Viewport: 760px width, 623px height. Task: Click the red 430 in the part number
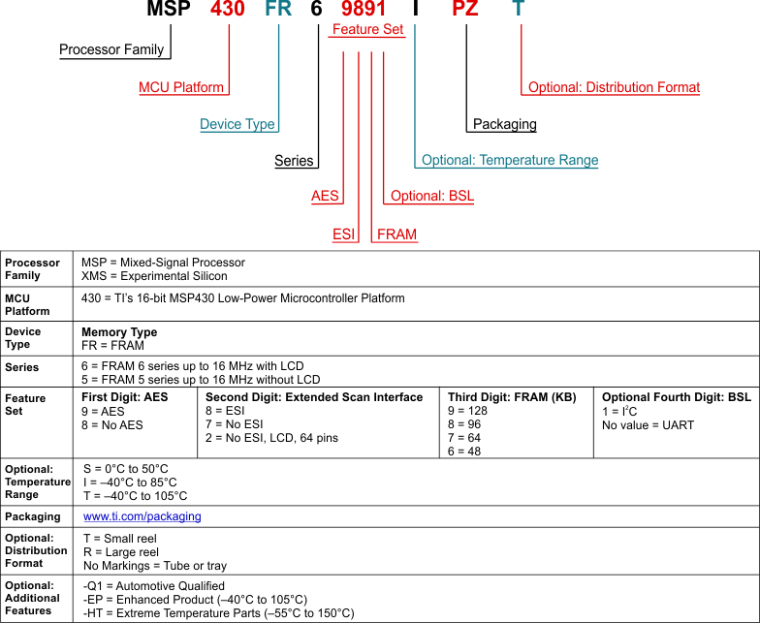229,11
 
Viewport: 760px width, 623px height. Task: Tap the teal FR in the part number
278,11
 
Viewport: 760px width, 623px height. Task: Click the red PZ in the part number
466,11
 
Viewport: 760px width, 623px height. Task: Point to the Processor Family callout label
111,49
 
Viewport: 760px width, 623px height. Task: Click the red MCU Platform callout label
181,87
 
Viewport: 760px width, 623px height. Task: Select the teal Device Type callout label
237,124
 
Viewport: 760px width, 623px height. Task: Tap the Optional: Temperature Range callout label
510,160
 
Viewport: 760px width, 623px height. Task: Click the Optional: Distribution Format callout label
614,87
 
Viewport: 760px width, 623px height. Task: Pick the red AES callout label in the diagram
325,196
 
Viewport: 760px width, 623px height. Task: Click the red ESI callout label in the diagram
344,234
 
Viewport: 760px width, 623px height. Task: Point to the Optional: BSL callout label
432,196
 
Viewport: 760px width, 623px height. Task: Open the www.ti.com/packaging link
142,516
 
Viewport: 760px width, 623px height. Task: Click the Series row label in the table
22,368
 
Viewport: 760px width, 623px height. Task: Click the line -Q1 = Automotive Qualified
154,586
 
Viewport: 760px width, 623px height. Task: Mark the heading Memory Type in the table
119,332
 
